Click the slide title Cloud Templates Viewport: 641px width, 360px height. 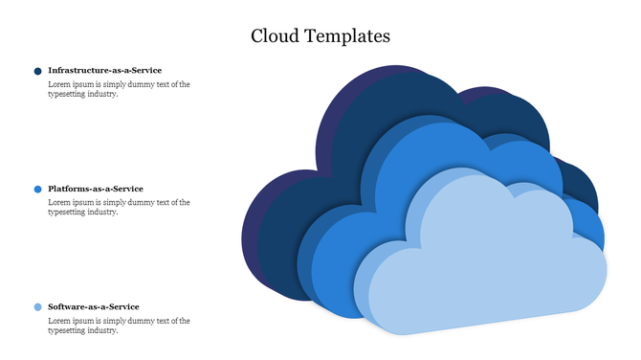click(x=320, y=36)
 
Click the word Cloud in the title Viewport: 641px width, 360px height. click(x=272, y=36)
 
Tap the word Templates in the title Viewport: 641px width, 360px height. click(x=344, y=37)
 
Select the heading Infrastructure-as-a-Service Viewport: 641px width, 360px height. click(x=104, y=70)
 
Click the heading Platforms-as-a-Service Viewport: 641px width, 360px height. click(x=96, y=189)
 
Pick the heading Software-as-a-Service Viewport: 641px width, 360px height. click(x=94, y=306)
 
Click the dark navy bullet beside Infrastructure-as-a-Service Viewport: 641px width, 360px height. click(x=37, y=71)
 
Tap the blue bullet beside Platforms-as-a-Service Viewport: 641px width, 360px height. click(x=37, y=190)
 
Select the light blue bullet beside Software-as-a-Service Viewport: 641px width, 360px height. click(x=37, y=307)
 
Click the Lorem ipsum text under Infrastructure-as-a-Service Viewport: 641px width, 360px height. click(x=119, y=89)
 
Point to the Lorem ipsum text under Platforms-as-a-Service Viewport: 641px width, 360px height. click(x=119, y=208)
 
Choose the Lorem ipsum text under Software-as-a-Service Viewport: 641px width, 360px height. click(x=119, y=326)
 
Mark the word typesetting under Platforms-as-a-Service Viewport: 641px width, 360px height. click(x=67, y=213)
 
